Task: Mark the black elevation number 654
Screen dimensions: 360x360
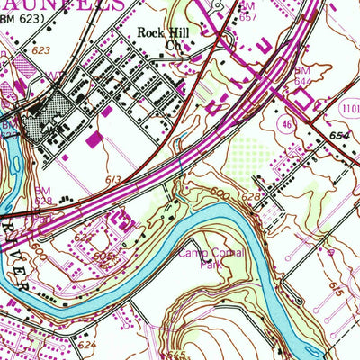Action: pyautogui.click(x=338, y=135)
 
